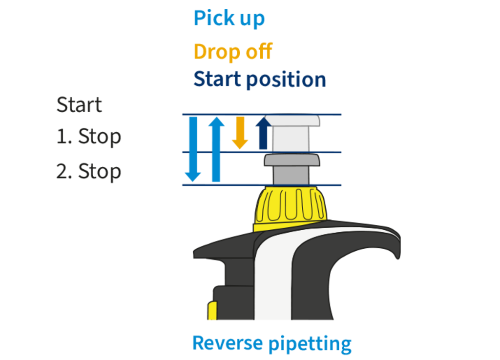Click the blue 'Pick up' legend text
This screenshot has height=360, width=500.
click(229, 19)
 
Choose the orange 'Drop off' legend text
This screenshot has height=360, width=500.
click(232, 51)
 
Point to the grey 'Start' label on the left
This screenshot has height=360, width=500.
click(79, 105)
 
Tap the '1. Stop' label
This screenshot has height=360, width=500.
click(88, 137)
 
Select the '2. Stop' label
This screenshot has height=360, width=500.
click(88, 171)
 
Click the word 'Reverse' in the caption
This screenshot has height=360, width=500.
click(227, 343)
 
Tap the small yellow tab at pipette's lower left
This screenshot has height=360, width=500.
click(212, 311)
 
